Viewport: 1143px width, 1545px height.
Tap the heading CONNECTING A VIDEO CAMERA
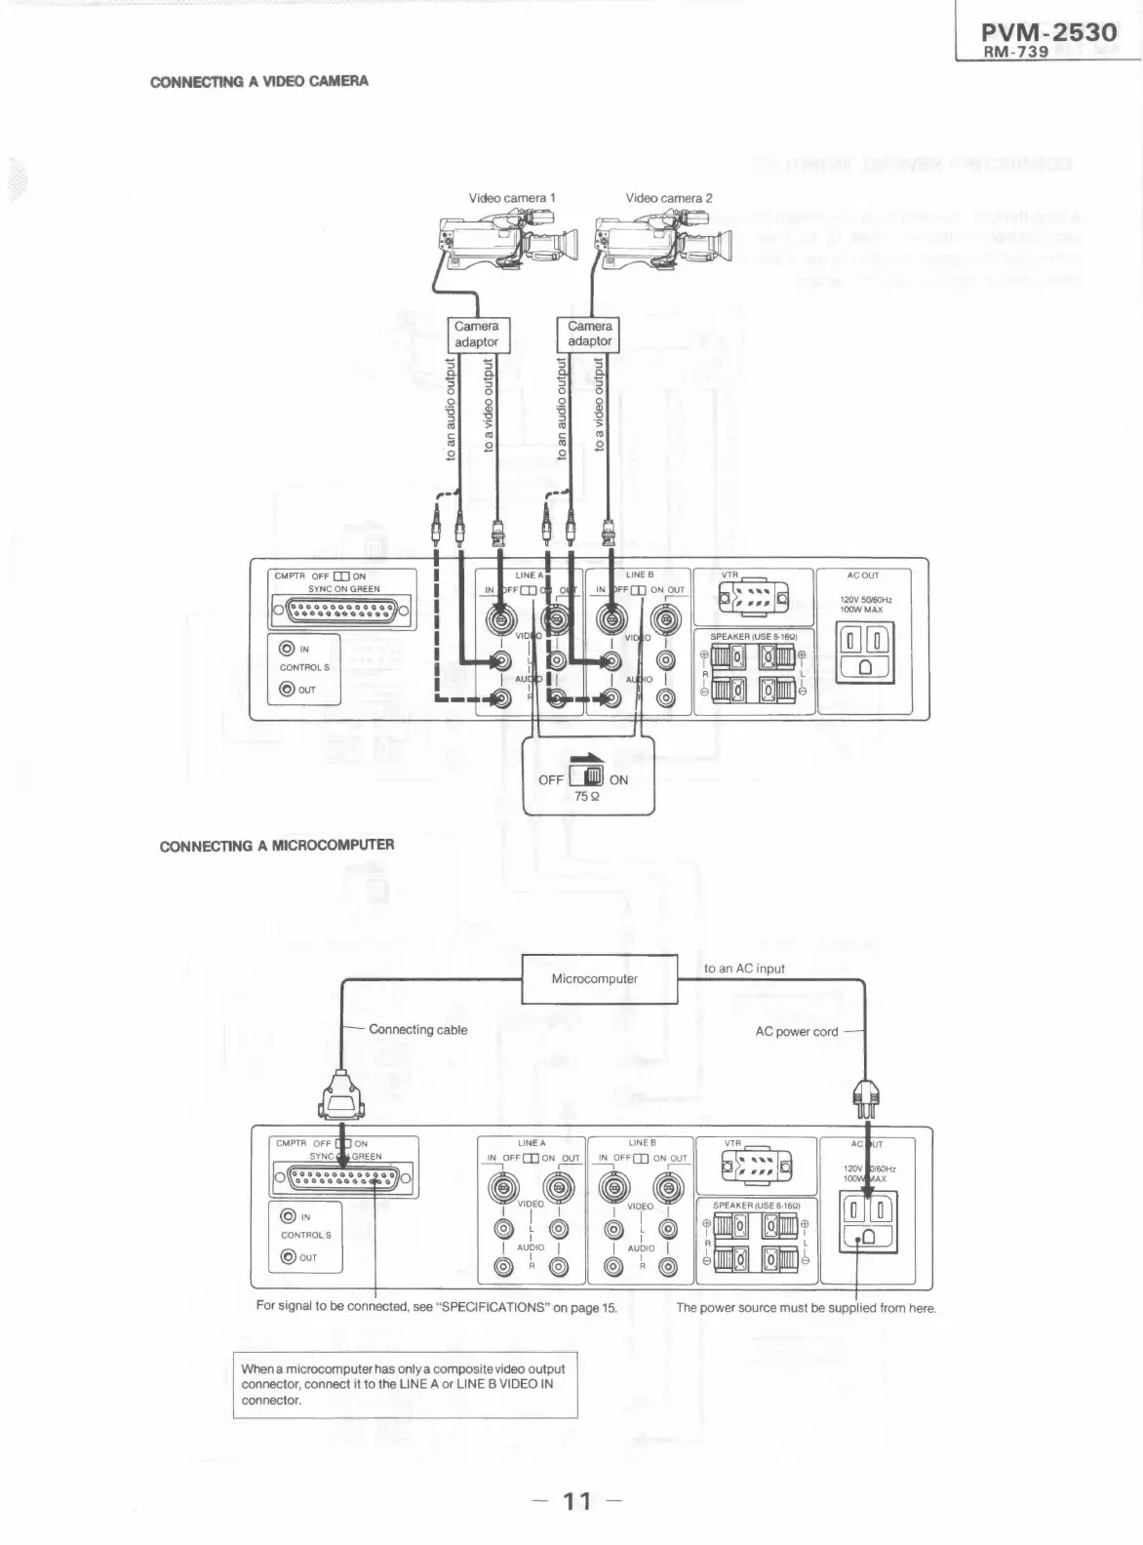click(259, 81)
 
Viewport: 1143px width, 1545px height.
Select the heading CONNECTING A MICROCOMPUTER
click(277, 845)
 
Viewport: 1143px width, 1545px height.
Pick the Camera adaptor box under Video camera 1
click(476, 334)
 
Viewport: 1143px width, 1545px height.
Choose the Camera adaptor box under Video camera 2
click(589, 334)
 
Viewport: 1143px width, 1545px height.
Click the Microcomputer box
click(594, 979)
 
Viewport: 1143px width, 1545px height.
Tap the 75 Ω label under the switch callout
click(587, 796)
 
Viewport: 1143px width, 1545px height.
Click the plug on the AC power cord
click(866, 1096)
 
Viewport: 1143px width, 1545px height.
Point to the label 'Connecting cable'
click(417, 1029)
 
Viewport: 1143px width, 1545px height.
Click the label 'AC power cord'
click(796, 1031)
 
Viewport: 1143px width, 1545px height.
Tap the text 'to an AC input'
click(744, 969)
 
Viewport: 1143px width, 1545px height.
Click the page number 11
click(577, 1499)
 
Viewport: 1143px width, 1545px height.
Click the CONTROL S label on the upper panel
click(304, 668)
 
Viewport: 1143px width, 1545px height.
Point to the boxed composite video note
click(405, 1384)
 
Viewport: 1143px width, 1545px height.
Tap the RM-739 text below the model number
click(1015, 53)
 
